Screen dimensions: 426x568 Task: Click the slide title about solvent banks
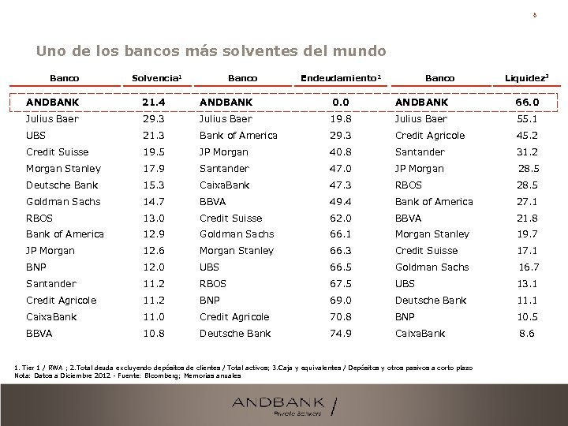click(211, 51)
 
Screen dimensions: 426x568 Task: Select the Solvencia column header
click(157, 79)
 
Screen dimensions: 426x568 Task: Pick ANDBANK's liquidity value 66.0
click(527, 103)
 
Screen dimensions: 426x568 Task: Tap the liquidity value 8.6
click(527, 334)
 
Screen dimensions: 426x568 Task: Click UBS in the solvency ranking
click(36, 136)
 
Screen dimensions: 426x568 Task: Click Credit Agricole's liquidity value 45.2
click(527, 136)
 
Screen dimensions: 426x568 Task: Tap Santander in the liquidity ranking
click(420, 152)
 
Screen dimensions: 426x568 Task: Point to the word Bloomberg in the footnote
click(139, 376)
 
